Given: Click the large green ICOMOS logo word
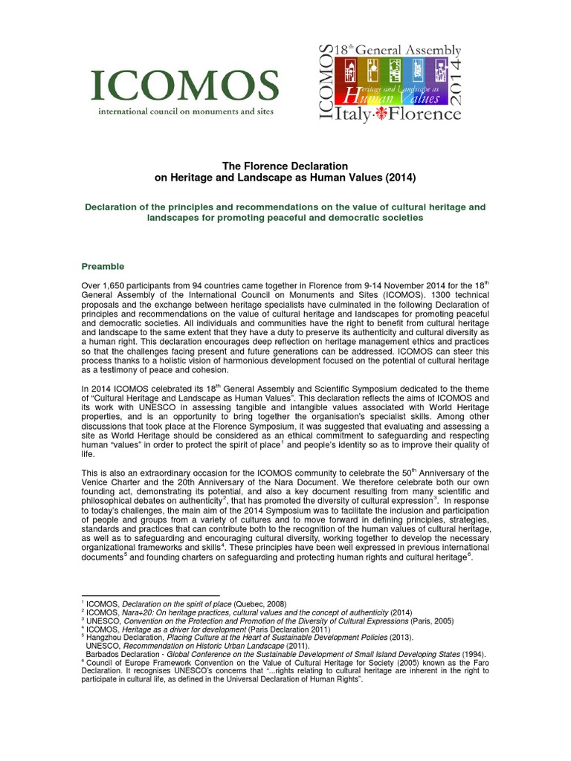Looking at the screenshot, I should [184, 88].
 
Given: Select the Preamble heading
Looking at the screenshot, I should [103, 266].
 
